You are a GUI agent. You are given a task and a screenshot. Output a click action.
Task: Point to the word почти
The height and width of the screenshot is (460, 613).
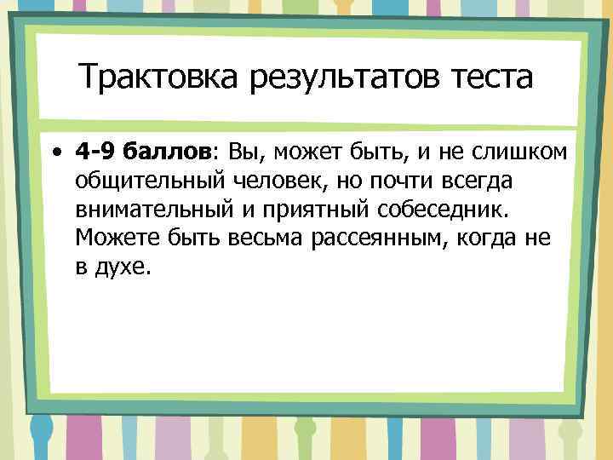click(x=388, y=181)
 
